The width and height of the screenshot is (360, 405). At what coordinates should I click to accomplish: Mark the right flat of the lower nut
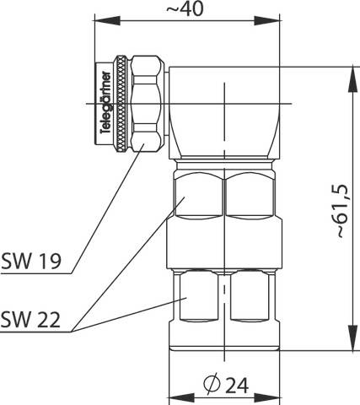click(250, 297)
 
